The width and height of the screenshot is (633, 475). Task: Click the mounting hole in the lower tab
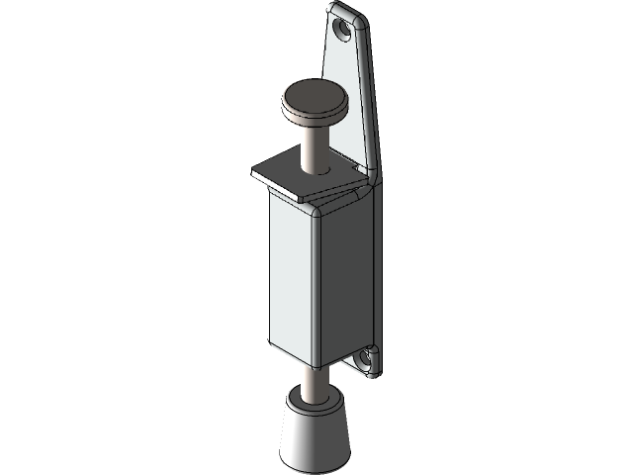[366, 356]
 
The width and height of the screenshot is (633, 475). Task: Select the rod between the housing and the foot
[314, 380]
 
